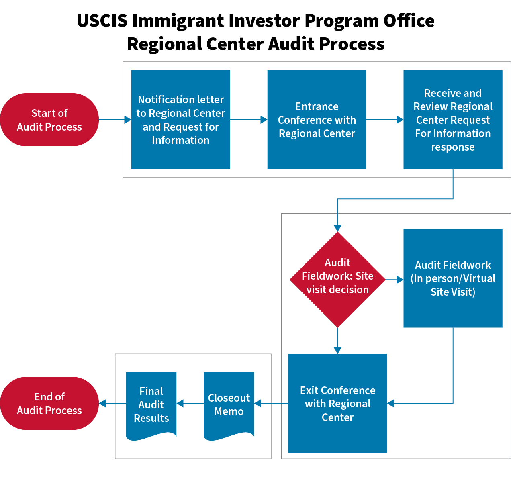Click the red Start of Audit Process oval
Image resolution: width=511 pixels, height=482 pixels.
click(x=49, y=120)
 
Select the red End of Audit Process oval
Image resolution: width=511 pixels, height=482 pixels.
click(x=49, y=403)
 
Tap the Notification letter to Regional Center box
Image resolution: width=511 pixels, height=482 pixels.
click(x=180, y=120)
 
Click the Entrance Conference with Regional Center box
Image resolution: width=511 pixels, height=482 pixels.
click(x=317, y=120)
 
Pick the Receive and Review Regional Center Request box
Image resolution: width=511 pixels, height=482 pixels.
click(x=453, y=120)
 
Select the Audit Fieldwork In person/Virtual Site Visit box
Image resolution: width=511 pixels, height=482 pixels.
click(x=453, y=278)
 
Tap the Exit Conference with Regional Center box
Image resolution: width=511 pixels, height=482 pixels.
click(x=337, y=403)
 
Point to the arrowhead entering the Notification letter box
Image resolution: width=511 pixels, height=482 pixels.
click(x=128, y=120)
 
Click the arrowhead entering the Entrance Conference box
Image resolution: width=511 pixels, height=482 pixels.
click(x=264, y=120)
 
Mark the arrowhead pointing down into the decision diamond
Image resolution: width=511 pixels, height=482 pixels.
click(x=337, y=228)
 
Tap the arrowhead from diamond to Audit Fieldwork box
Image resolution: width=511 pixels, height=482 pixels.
click(x=400, y=280)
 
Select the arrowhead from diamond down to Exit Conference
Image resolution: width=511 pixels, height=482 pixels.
click(x=337, y=350)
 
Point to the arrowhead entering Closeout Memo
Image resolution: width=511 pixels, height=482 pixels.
click(x=258, y=403)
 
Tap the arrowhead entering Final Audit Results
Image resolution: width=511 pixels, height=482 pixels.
click(x=180, y=403)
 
